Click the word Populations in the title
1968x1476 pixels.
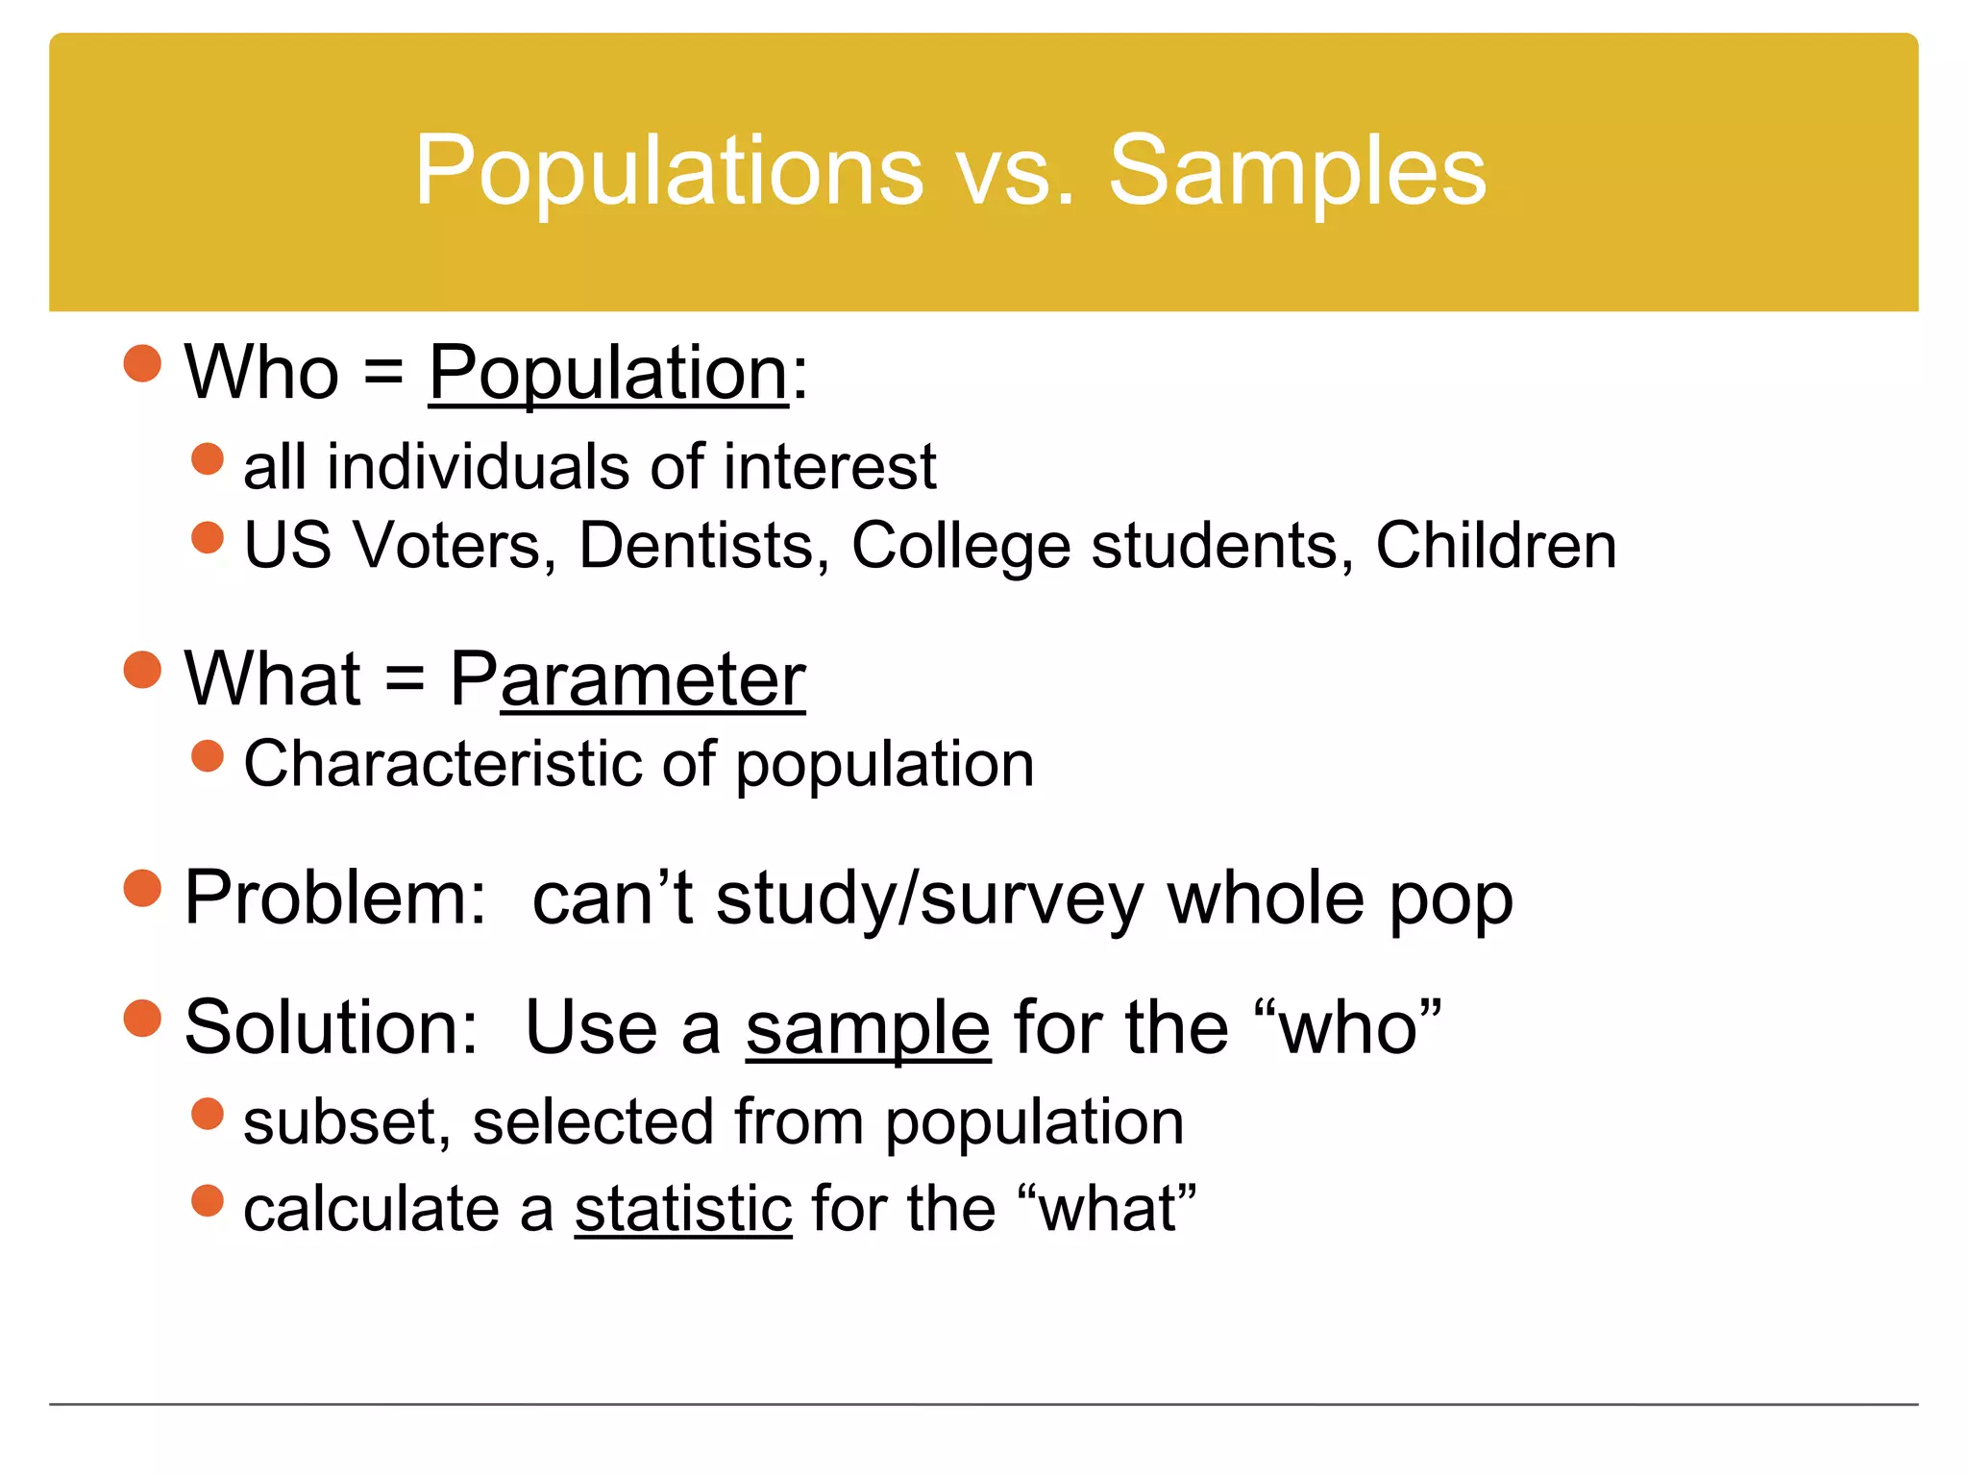tap(669, 171)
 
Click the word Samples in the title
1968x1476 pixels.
tap(1297, 171)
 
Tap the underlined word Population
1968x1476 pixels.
tap(607, 373)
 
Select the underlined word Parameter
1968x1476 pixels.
tap(627, 679)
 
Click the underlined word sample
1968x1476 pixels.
tap(868, 1028)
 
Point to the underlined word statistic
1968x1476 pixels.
tap(683, 1209)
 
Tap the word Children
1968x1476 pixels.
tap(1495, 546)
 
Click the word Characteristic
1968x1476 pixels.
tap(443, 764)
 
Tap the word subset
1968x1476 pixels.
tap(347, 1122)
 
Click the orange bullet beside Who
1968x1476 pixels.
tap(143, 363)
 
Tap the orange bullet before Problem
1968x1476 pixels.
tap(143, 888)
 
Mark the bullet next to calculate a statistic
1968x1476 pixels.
tap(208, 1200)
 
